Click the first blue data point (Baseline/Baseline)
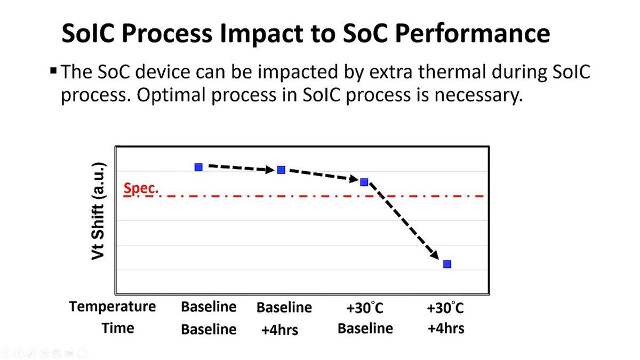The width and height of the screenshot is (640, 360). [199, 167]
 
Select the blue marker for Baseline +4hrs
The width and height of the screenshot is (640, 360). [282, 170]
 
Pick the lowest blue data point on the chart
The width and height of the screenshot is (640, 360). [447, 264]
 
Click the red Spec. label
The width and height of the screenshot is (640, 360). [141, 188]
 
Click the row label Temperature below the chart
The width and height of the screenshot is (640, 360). [113, 307]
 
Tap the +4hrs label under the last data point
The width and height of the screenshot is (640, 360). [446, 329]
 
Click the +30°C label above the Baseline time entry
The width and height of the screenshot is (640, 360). [365, 308]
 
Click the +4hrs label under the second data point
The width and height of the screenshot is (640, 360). [279, 330]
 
